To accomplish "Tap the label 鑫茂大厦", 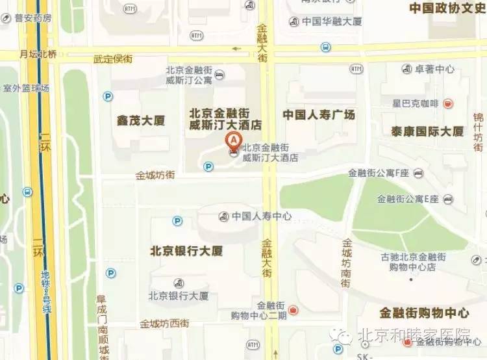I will tap(141, 120).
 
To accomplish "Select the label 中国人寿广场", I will tap(319, 115).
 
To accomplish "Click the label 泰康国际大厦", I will tap(427, 131).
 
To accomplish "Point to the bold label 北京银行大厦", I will tap(186, 250).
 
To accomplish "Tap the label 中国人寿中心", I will tap(262, 216).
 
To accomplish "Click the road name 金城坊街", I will tap(155, 175).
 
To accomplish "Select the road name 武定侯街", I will tap(113, 59).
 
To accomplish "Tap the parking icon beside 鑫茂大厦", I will tap(108, 96).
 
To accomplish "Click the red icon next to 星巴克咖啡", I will tap(448, 103).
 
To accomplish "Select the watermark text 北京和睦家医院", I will tap(422, 336).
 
